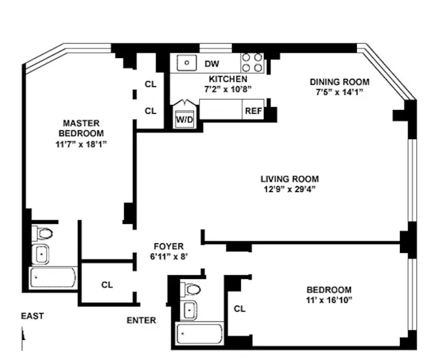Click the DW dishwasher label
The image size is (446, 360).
point(212,64)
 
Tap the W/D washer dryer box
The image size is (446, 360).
point(184,119)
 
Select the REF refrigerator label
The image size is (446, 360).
point(253,112)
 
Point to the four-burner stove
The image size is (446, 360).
point(253,62)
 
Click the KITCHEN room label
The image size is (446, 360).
point(228,79)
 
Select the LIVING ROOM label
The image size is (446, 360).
point(289,179)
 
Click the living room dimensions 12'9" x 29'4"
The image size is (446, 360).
point(289,190)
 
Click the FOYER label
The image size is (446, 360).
point(168,246)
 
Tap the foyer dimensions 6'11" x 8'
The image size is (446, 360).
point(168,257)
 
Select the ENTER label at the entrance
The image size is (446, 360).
point(141,321)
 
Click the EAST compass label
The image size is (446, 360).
point(32,316)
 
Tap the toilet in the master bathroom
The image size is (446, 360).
point(43,234)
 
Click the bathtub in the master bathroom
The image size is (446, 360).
point(54,280)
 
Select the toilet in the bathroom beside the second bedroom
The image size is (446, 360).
point(191,289)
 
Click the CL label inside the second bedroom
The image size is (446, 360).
point(239,308)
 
